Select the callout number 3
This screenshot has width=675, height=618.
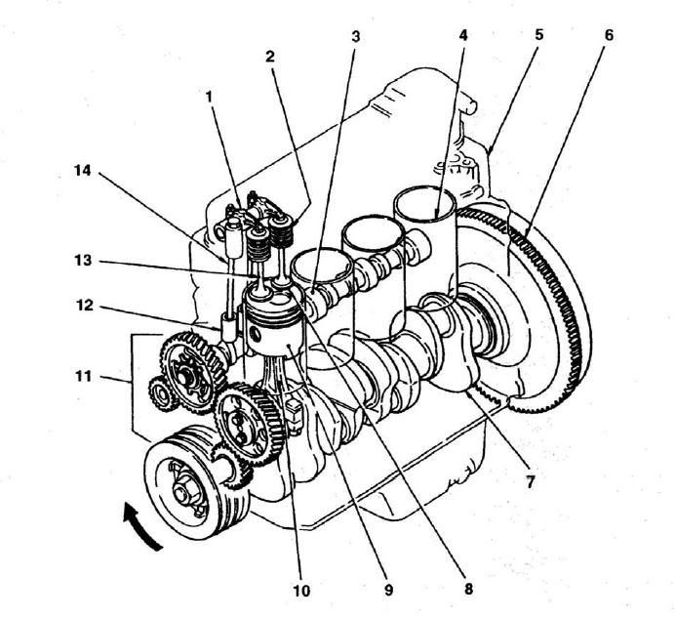(x=356, y=37)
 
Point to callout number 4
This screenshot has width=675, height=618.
(x=463, y=35)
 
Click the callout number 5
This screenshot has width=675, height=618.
(x=538, y=35)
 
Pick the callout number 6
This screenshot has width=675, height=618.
(x=609, y=36)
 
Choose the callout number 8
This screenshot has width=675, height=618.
(x=467, y=589)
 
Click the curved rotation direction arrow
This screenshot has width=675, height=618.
(x=137, y=526)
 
